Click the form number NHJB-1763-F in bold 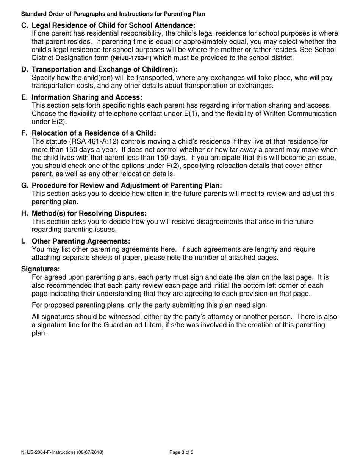pyautogui.click(x=132, y=58)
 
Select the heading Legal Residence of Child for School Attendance pyautogui.click(x=113, y=25)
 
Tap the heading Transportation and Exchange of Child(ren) pyautogui.click(x=105, y=69)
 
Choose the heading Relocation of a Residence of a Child pyautogui.click(x=94, y=133)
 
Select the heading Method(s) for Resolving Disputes pyautogui.click(x=89, y=213)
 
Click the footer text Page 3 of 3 pyautogui.click(x=182, y=452)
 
